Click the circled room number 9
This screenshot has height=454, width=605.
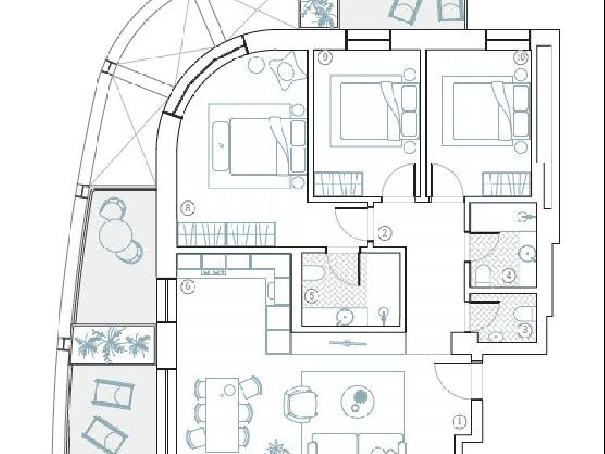coord(325,57)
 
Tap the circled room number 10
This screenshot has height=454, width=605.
coord(520,58)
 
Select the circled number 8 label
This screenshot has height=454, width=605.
coord(188,208)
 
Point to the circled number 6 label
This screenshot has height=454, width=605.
coord(188,286)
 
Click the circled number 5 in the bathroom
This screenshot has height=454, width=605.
coord(312,296)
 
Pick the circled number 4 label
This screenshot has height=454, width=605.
coord(509,275)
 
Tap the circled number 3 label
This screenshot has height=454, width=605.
coord(525,330)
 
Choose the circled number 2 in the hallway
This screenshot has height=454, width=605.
coord(385,233)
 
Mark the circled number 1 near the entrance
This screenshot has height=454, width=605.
coord(459,421)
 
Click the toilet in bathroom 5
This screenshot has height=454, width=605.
coord(313,274)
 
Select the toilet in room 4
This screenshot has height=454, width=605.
coord(483,274)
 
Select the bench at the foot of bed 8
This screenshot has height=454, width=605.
coord(220,146)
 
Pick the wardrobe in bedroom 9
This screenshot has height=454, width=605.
coord(338,183)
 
